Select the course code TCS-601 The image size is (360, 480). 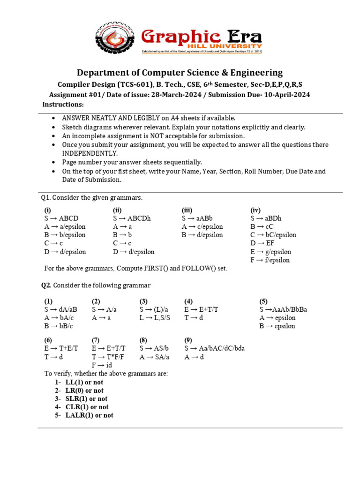pyautogui.click(x=133, y=84)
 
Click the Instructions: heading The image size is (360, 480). pyautogui.click(x=63, y=104)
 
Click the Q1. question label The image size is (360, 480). pyautogui.click(x=45, y=197)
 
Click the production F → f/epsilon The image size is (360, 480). pyautogui.click(x=270, y=260)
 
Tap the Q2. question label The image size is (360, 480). pyautogui.click(x=46, y=285)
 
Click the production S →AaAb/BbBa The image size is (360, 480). pyautogui.click(x=283, y=309)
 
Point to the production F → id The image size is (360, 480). pyautogui.click(x=102, y=365)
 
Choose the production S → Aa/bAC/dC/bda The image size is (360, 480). pyautogui.click(x=214, y=348)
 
